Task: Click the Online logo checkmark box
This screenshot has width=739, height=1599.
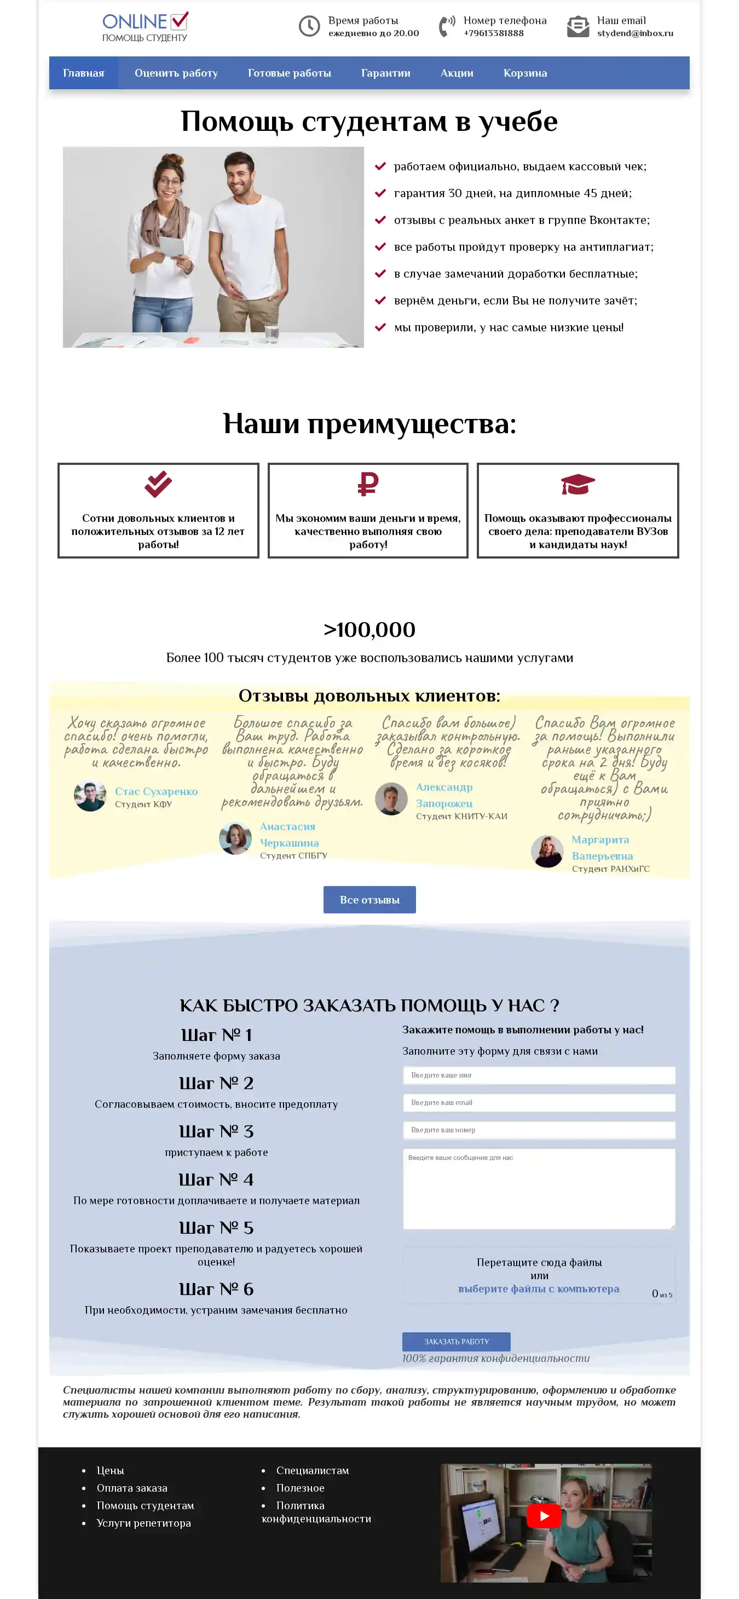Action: click(x=180, y=21)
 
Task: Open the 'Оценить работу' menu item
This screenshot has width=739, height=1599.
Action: click(x=176, y=73)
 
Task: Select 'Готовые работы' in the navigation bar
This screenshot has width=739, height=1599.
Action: click(x=289, y=73)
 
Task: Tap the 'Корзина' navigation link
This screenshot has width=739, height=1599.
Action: click(x=525, y=73)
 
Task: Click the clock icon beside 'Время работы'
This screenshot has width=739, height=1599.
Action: click(x=309, y=26)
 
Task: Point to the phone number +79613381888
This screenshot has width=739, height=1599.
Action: click(x=493, y=33)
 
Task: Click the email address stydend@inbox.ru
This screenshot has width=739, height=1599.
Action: click(x=635, y=33)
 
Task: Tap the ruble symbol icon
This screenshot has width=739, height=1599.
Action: click(x=368, y=484)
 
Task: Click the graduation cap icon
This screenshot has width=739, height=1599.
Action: click(x=578, y=484)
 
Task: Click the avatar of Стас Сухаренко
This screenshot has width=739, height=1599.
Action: click(x=90, y=796)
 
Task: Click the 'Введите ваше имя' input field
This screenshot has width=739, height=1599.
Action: click(x=539, y=1075)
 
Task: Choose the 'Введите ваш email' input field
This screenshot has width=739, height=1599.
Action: click(x=539, y=1102)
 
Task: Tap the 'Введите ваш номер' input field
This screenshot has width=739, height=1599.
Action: click(x=539, y=1130)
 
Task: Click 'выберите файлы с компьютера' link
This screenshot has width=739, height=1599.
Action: click(x=539, y=1289)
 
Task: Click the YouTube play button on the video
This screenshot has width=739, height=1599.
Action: click(x=544, y=1516)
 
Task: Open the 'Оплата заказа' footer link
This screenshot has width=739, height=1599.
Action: click(x=132, y=1488)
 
